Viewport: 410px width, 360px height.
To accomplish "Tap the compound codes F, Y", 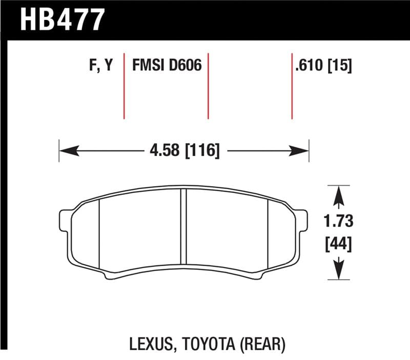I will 100,66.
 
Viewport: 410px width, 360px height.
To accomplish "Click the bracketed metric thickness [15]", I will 339,66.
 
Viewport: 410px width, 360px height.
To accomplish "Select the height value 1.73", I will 338,222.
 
